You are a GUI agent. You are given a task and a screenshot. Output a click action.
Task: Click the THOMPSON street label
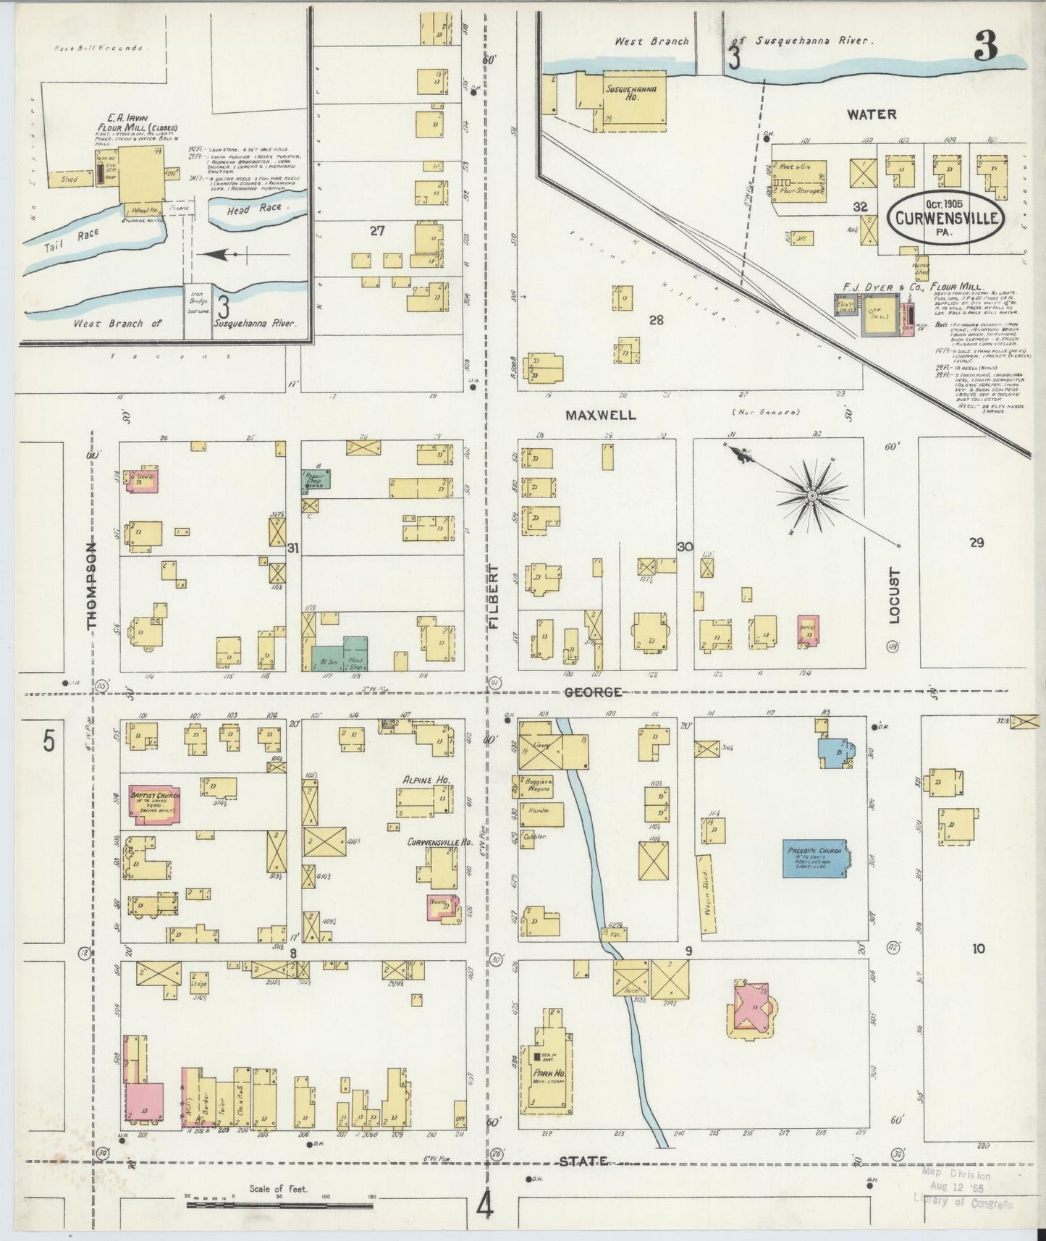click(92, 586)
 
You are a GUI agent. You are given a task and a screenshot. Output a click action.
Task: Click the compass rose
click(812, 495)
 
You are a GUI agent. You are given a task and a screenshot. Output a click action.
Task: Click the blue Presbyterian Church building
click(816, 858)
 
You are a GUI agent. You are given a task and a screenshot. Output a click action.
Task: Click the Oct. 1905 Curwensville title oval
click(947, 215)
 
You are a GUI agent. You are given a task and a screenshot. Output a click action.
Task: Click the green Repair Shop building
click(316, 479)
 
